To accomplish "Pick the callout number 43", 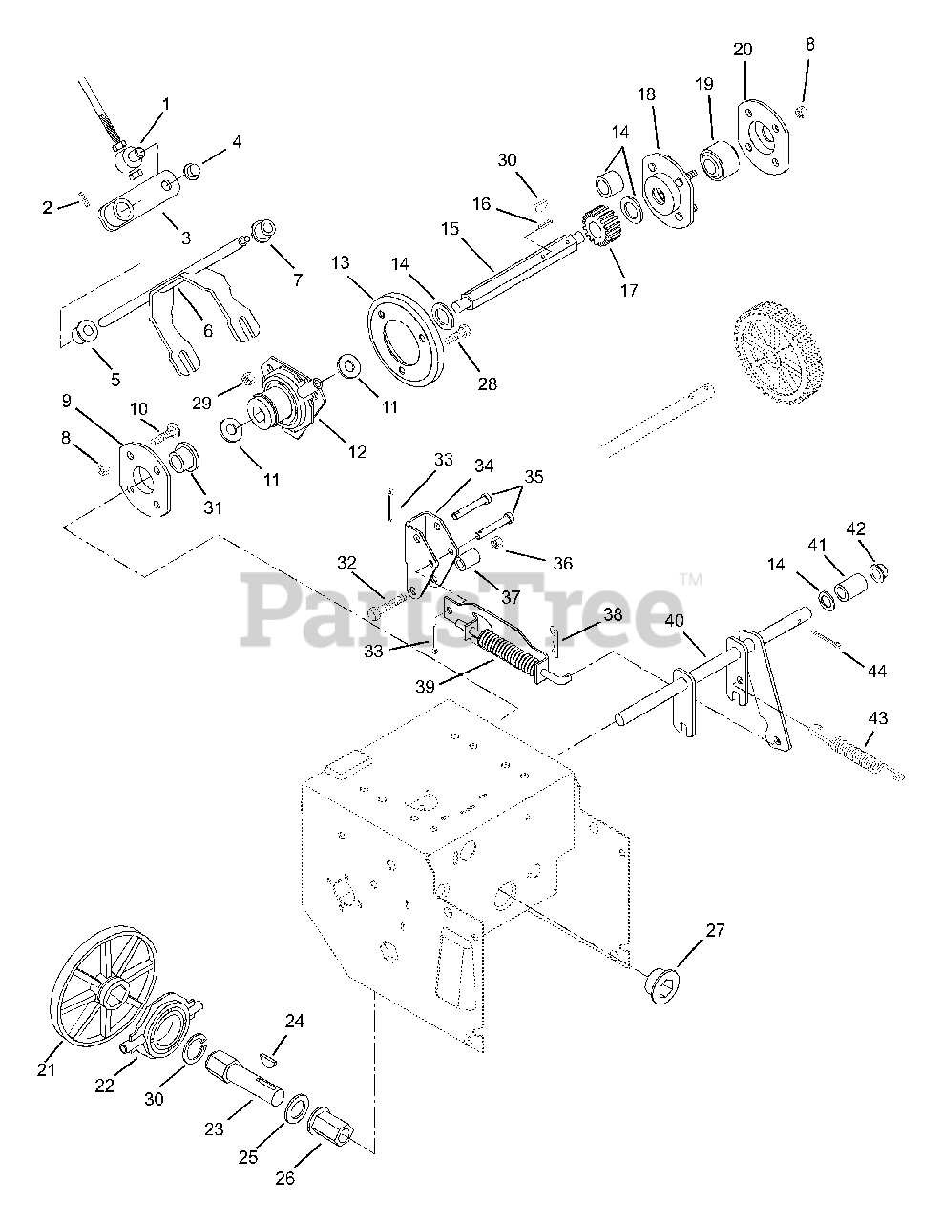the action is [x=876, y=717].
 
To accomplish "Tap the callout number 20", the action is [x=744, y=49].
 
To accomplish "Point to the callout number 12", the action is [x=356, y=452].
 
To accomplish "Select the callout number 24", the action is [x=294, y=1022].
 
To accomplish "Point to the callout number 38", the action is [x=612, y=615].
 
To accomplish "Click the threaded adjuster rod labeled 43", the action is [x=865, y=764].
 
